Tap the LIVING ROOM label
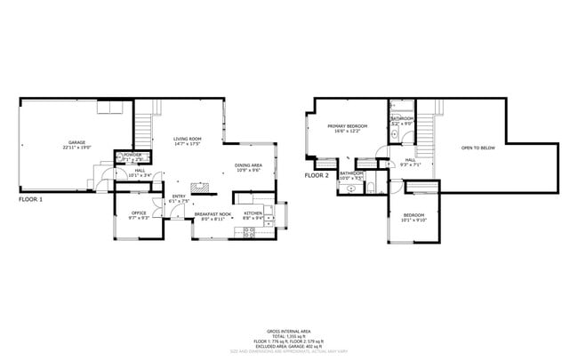click(188, 139)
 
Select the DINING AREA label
click(248, 165)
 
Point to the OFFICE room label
click(139, 213)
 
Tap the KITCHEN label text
click(253, 213)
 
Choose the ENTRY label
click(179, 197)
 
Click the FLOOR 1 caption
click(30, 200)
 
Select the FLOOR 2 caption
click(317, 176)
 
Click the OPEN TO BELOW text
click(478, 148)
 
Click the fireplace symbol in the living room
click(204, 189)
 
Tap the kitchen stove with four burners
click(250, 231)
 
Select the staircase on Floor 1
click(142, 124)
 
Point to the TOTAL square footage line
click(289, 334)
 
